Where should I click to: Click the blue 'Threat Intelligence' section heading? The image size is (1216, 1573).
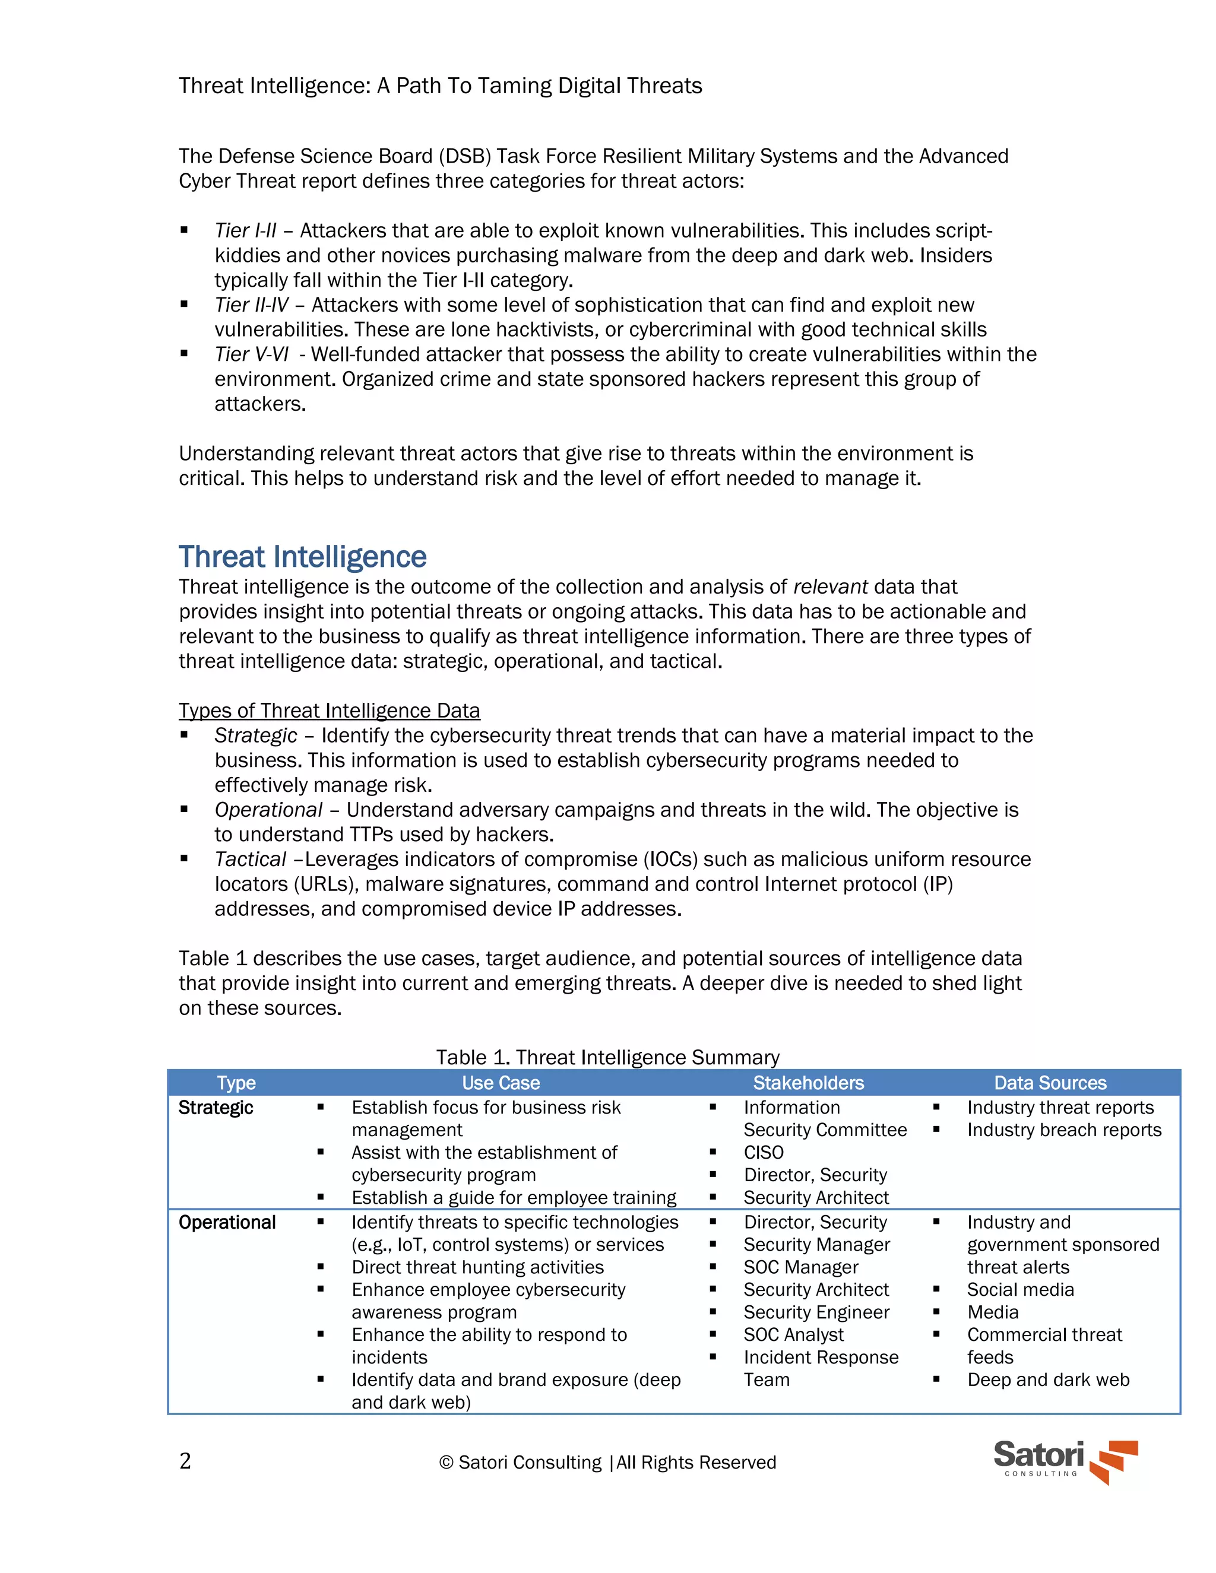[x=303, y=557]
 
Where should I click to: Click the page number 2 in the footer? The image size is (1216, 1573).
[x=185, y=1461]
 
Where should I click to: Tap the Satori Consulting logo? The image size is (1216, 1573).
[x=1065, y=1461]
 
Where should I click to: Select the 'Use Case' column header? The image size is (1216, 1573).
[x=501, y=1083]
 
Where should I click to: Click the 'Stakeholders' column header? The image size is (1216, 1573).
[x=808, y=1083]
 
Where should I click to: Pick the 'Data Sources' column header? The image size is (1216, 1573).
[x=1050, y=1083]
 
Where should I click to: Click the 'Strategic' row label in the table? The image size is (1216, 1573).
[x=216, y=1108]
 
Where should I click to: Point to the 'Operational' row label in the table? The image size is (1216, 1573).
[x=227, y=1222]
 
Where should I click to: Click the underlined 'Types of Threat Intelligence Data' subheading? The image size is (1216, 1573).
[x=329, y=711]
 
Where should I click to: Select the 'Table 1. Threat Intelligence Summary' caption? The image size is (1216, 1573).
[x=607, y=1057]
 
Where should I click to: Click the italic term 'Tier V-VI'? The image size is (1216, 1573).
[x=251, y=354]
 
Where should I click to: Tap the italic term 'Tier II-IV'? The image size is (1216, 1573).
[x=251, y=305]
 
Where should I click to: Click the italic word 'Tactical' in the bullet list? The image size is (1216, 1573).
[x=250, y=860]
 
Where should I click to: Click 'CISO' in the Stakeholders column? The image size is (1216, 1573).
[x=764, y=1152]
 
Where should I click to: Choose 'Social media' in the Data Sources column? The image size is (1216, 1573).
[x=1020, y=1289]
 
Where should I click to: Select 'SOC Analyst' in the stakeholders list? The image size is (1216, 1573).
[x=793, y=1334]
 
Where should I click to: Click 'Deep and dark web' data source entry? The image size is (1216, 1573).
[x=1048, y=1379]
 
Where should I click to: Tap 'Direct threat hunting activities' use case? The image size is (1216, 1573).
[x=477, y=1267]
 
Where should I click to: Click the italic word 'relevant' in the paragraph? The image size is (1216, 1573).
[x=830, y=587]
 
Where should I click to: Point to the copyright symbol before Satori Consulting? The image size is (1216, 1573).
[x=446, y=1462]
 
